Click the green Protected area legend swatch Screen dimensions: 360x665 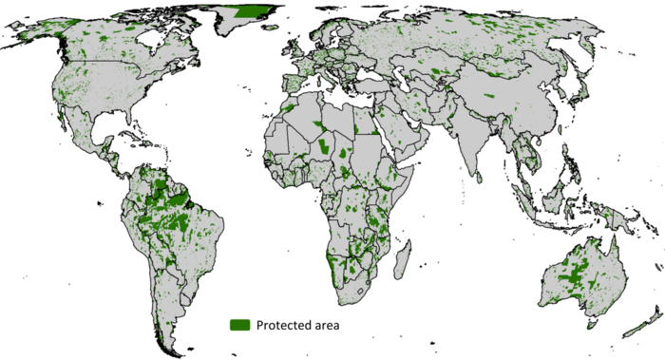coord(239,325)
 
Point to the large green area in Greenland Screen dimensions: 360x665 coord(253,11)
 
